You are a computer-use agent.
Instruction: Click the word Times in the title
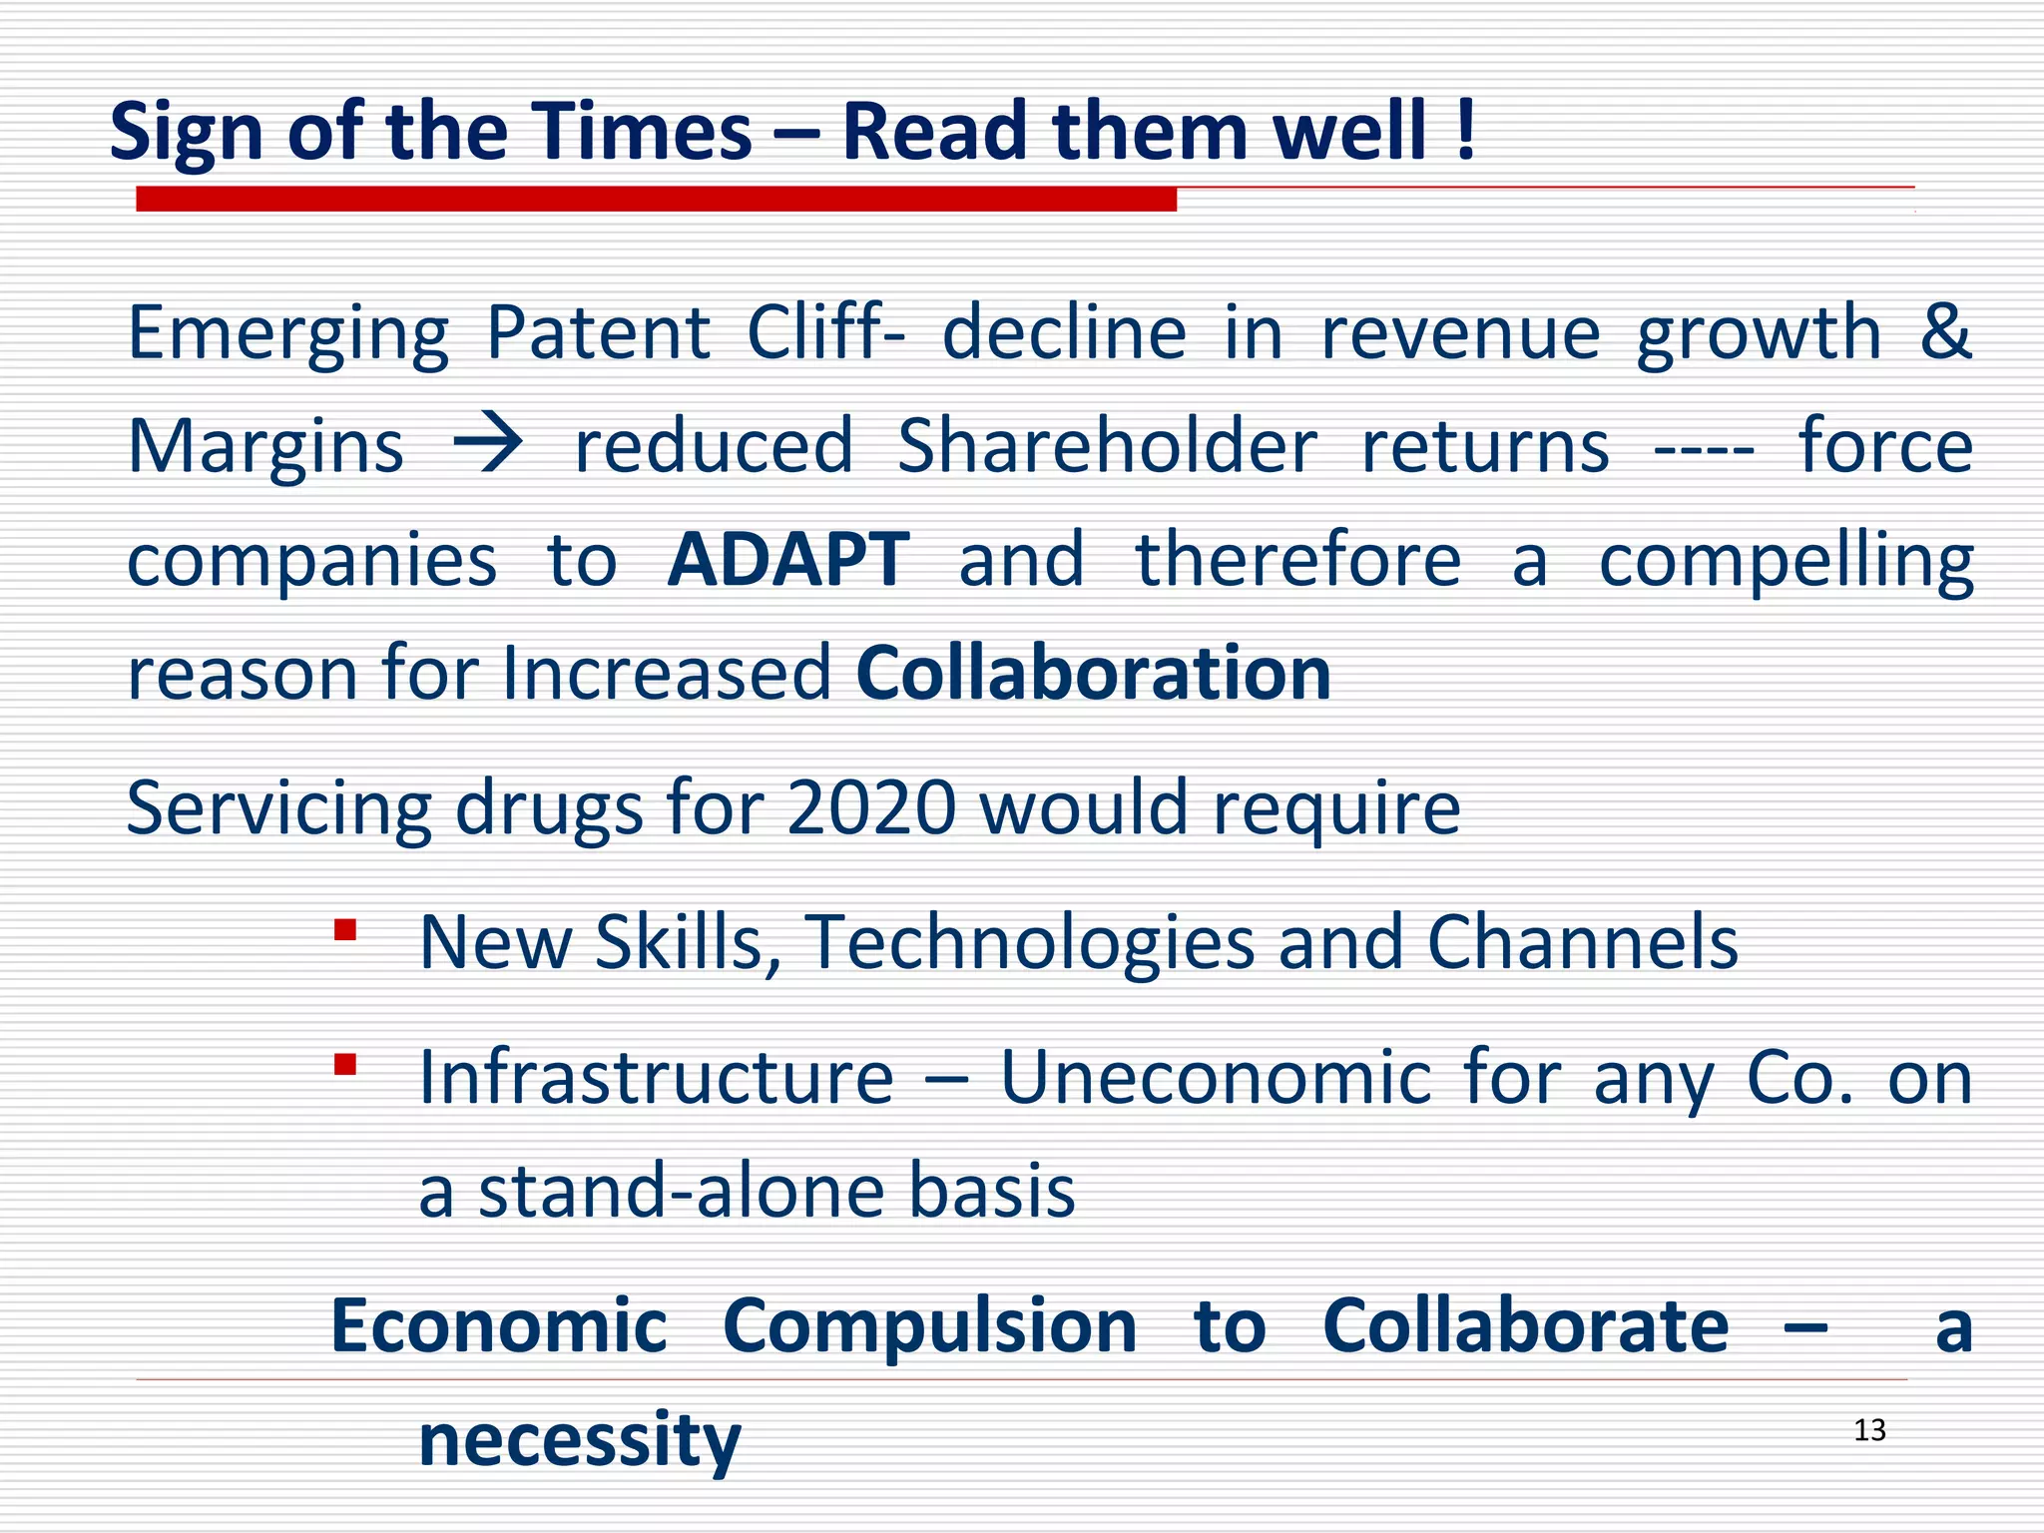click(640, 132)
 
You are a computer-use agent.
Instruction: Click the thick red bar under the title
click(656, 200)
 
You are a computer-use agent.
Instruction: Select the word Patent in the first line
click(598, 333)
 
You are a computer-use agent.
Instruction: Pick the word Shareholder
click(1107, 445)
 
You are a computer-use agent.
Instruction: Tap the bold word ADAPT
click(788, 559)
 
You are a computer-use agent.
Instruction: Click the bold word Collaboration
click(1093, 673)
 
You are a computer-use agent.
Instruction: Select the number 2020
click(871, 807)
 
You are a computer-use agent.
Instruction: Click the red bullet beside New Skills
click(345, 931)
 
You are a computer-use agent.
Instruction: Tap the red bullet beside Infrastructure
click(345, 1065)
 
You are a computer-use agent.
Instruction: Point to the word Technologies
click(1030, 942)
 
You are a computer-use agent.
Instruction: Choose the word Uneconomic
click(1216, 1078)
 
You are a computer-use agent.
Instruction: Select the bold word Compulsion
click(929, 1326)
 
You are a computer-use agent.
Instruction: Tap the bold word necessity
click(580, 1440)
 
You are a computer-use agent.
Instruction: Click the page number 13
click(1869, 1430)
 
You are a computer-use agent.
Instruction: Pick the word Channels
click(1582, 942)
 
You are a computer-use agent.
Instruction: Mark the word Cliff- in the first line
click(826, 333)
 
